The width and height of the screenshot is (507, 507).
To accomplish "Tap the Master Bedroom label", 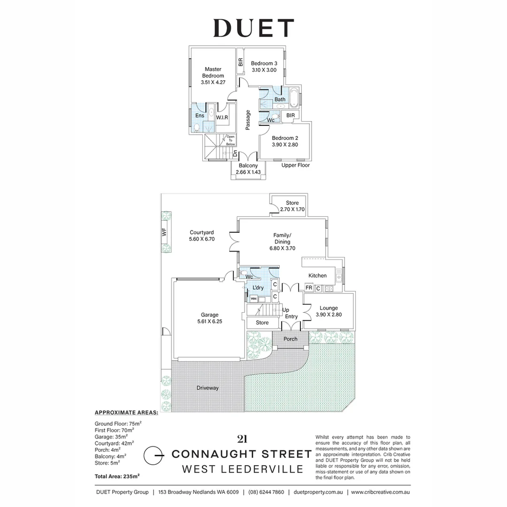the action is [x=213, y=72].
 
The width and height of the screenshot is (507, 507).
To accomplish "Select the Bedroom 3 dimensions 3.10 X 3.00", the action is [x=264, y=70].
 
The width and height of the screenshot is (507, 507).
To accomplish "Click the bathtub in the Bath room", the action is [x=294, y=97].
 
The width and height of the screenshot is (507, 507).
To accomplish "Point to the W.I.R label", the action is [x=222, y=117].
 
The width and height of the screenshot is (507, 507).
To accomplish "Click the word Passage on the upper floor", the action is [x=248, y=120].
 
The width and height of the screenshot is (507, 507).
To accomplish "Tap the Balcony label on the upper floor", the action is [x=248, y=166].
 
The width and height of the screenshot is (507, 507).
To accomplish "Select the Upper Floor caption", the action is [x=296, y=165].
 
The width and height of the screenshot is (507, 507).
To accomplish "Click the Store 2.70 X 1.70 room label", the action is [x=292, y=206].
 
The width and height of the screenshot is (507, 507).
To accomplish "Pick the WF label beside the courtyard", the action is [x=164, y=232].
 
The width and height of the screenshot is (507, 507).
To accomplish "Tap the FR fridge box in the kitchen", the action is [x=309, y=287].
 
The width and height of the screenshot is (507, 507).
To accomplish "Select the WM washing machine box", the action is [x=254, y=299].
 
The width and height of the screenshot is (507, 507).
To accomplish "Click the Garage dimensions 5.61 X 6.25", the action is [x=210, y=322].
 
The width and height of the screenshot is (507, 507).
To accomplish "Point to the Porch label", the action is [x=291, y=339].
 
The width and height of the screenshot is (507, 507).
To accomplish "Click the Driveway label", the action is [x=207, y=388].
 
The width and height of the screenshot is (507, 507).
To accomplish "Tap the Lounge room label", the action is [x=329, y=308].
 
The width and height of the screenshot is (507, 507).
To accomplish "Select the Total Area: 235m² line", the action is [x=117, y=476].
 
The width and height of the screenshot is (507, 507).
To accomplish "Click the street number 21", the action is [x=242, y=439].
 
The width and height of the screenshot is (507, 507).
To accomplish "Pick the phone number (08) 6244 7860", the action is [x=266, y=492].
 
